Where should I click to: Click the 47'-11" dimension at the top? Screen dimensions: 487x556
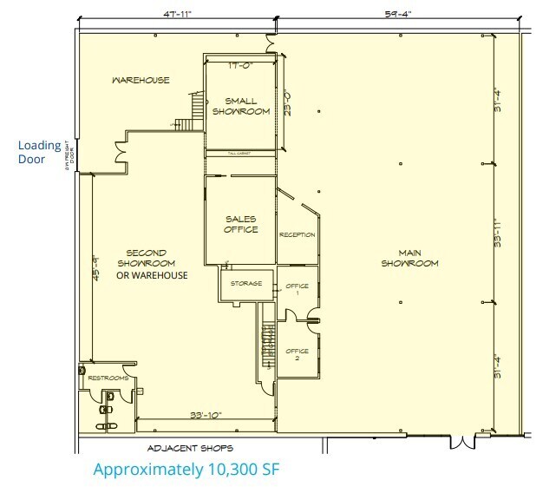pos(176,15)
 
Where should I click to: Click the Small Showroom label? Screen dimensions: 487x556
pos(241,106)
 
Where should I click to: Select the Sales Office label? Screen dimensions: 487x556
pos(241,224)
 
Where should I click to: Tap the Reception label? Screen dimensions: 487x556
pos(297,234)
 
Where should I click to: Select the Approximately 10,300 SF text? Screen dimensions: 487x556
pos(186,471)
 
